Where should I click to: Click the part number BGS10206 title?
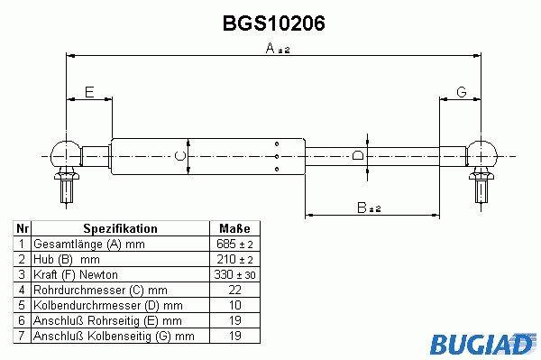pos(273,23)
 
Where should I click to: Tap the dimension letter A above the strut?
pos(270,48)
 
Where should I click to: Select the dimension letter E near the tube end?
pos(89,92)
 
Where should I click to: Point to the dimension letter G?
pos(462,92)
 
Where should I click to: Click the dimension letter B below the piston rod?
pos(362,208)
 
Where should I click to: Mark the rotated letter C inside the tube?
pos(179,156)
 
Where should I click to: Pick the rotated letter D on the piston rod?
pos(358,155)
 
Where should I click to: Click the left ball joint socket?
pos(66,154)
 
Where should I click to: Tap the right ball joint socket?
pos(481,154)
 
